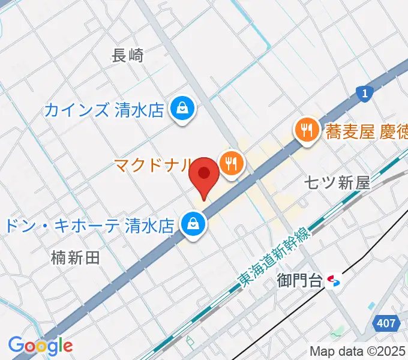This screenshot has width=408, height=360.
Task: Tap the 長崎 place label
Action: (128, 56)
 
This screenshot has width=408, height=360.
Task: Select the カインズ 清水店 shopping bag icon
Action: (180, 109)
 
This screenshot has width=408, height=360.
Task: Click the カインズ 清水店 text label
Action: (104, 110)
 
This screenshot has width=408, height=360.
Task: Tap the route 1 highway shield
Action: (364, 93)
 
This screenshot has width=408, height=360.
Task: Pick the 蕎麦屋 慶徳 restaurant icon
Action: (305, 129)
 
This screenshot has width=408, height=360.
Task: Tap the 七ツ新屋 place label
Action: (337, 183)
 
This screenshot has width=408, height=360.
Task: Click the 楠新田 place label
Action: (75, 258)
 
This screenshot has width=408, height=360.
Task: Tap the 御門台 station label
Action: (300, 280)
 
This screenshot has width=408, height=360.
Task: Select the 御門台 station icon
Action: (334, 280)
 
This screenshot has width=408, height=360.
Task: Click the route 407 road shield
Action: (386, 323)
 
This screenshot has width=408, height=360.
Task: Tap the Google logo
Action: (40, 346)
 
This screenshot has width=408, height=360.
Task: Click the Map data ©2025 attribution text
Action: (358, 352)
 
